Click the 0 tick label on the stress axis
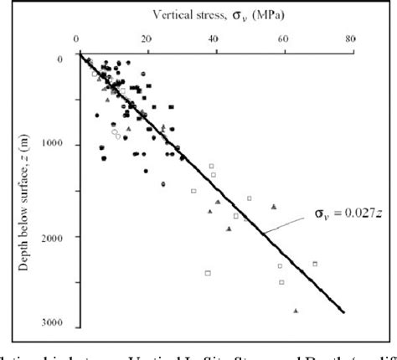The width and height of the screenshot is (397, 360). (77, 37)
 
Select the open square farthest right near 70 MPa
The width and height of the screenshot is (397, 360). (315, 264)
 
